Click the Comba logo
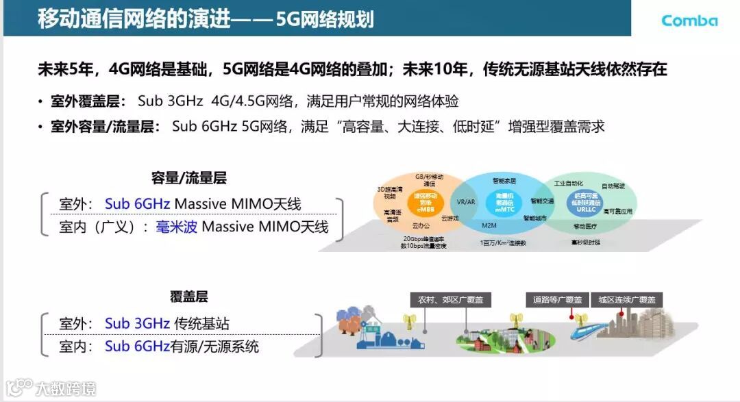point(689,20)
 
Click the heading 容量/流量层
point(189,179)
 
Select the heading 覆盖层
point(189,297)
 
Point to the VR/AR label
point(466,201)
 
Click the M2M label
point(489,225)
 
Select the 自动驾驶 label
point(613,186)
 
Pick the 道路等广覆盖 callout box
point(558,300)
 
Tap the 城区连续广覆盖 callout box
point(627,300)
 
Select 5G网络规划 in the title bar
point(325,19)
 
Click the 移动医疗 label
point(587,226)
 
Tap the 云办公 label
point(421,224)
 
